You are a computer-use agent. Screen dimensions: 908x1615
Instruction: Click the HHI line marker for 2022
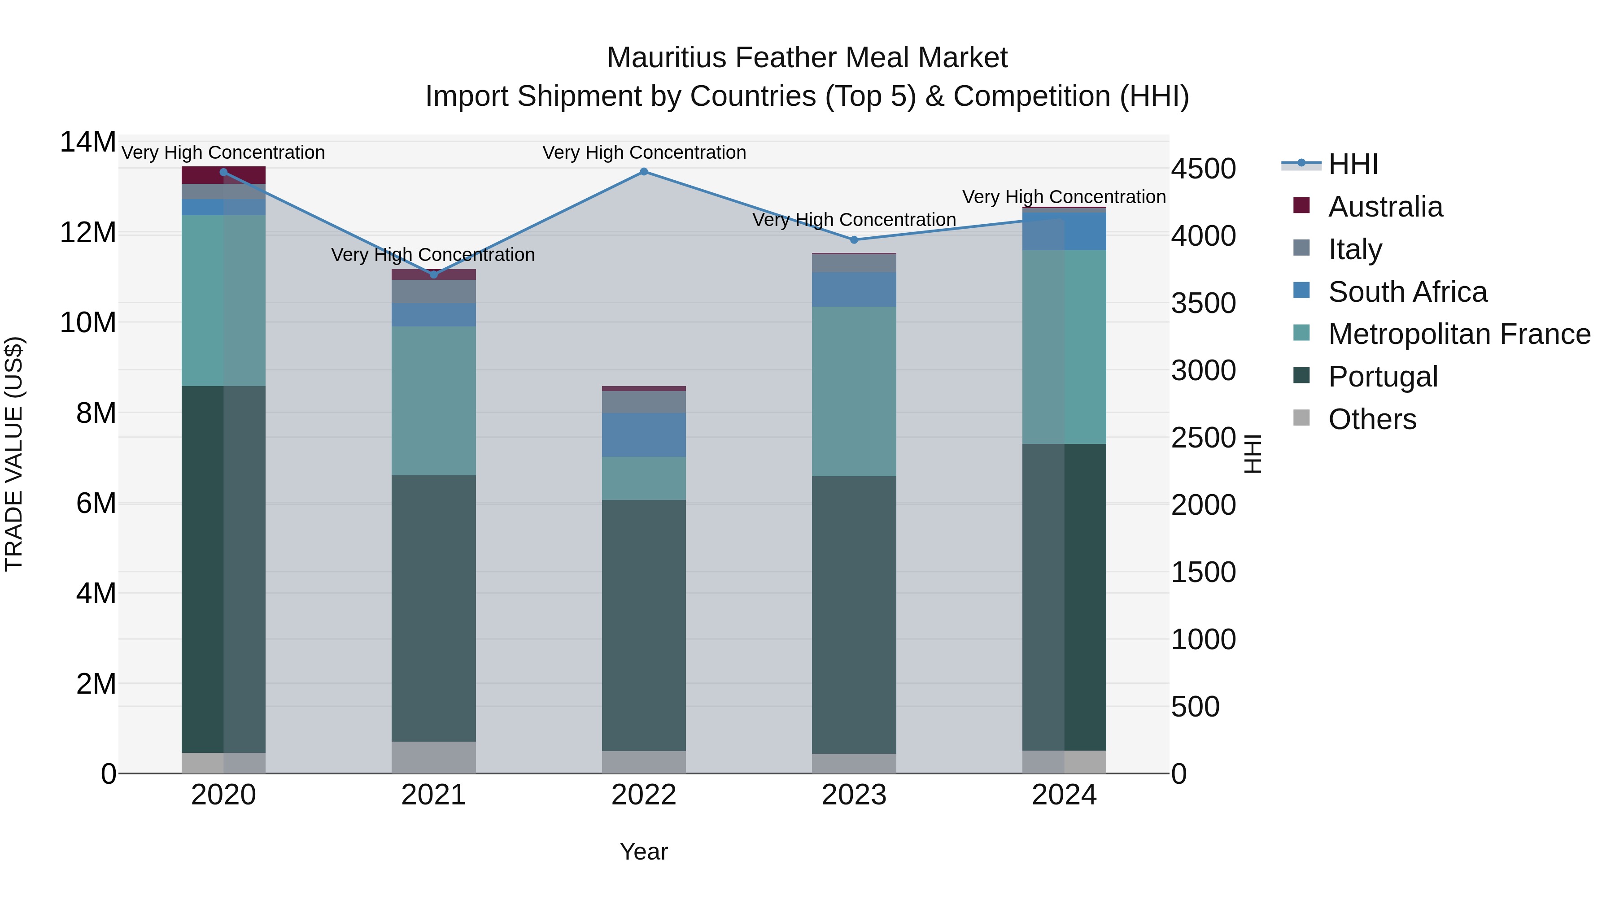coord(643,172)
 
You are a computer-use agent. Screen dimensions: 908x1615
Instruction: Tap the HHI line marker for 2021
coord(433,274)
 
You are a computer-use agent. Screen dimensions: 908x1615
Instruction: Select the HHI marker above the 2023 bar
coord(853,240)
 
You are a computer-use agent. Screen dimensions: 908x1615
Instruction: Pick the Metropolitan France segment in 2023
coord(853,391)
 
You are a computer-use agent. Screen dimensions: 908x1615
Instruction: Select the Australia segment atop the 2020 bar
coord(223,175)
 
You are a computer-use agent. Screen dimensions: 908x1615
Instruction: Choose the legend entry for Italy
coord(1354,249)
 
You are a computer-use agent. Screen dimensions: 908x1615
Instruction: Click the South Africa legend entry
coord(1407,292)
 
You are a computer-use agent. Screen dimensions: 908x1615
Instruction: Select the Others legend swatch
coord(1301,418)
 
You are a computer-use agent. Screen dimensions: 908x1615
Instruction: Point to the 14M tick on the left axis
coord(88,142)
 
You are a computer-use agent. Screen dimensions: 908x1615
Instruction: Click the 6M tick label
coord(96,503)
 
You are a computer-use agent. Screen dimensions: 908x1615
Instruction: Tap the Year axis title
coord(643,852)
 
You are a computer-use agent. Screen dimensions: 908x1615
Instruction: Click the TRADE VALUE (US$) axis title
coord(14,454)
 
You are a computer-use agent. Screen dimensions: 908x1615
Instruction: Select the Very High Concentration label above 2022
coord(643,152)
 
